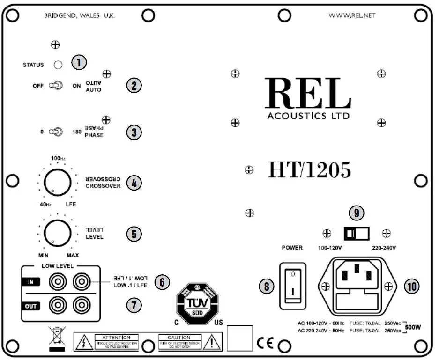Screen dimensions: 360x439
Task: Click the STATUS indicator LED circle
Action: click(x=58, y=65)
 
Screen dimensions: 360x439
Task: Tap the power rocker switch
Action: click(x=292, y=286)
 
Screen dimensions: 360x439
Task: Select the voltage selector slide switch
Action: click(x=357, y=233)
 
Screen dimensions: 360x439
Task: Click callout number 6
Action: click(x=162, y=282)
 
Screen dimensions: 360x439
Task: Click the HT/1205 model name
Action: click(x=309, y=170)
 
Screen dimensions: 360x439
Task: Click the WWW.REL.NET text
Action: click(x=352, y=15)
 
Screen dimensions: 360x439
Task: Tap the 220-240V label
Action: click(x=384, y=247)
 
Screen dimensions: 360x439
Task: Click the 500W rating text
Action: click(x=413, y=327)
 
